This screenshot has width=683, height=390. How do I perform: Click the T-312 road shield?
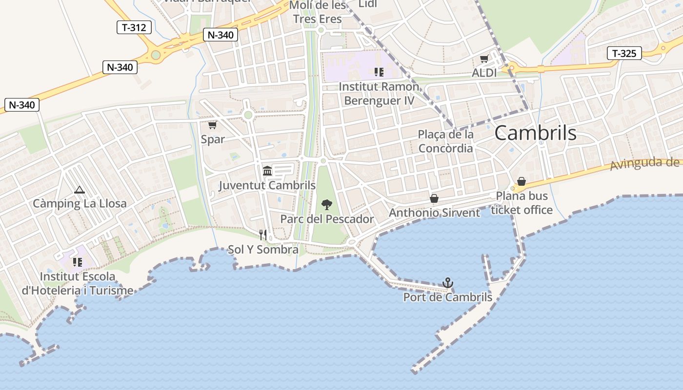(x=134, y=27)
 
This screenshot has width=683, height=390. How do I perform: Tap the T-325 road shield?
(x=624, y=53)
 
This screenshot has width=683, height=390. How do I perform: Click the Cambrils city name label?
(x=535, y=133)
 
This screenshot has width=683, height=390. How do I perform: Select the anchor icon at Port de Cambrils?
(x=447, y=283)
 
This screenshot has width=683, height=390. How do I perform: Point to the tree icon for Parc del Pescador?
(x=327, y=205)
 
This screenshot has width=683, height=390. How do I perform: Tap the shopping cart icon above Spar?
(x=212, y=125)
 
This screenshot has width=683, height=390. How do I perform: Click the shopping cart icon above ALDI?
(x=484, y=59)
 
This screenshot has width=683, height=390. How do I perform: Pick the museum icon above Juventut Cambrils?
(x=267, y=171)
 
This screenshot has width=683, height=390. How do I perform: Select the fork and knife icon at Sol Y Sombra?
(x=263, y=235)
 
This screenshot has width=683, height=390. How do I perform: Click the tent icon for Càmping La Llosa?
(x=79, y=190)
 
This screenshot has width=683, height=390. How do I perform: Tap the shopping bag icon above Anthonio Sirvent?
(x=434, y=198)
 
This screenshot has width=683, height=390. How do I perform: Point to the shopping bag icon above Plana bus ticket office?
(x=522, y=182)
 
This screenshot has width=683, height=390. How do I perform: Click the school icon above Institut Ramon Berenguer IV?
(x=379, y=72)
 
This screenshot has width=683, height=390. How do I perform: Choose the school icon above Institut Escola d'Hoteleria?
(x=77, y=262)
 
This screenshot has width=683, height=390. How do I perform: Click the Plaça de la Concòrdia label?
(x=446, y=141)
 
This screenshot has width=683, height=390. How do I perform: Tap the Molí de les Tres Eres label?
(x=318, y=12)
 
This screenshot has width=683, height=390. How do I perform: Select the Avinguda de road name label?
(x=646, y=164)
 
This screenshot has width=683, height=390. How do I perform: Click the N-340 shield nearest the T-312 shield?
(x=221, y=35)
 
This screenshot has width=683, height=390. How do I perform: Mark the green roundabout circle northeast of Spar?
(x=248, y=115)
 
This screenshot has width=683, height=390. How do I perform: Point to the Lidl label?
(x=368, y=4)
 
